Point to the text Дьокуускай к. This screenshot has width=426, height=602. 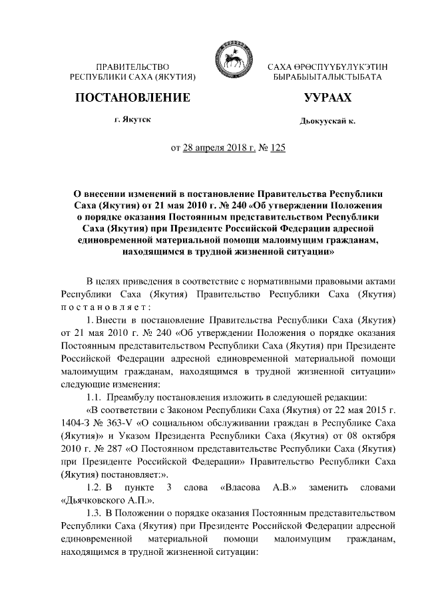coord(328,122)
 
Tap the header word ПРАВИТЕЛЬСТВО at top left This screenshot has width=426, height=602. coord(132,67)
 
